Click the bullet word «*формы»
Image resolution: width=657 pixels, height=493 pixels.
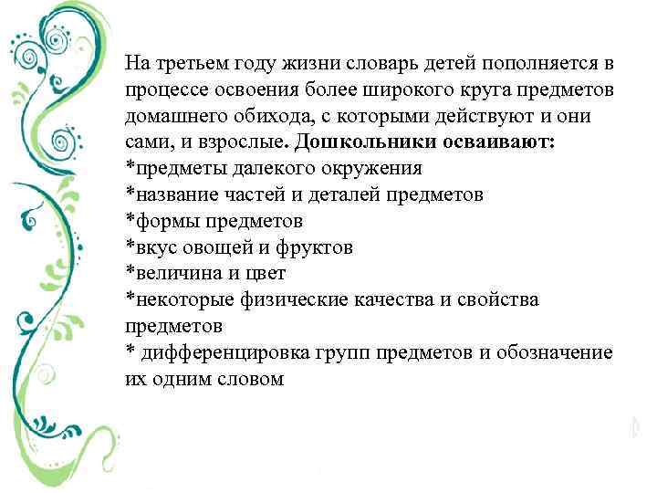click(x=156, y=222)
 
